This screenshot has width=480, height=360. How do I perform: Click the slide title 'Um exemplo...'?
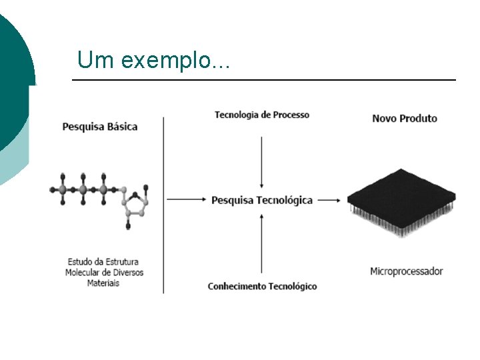click(153, 60)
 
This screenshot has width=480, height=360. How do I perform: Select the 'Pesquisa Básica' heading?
click(100, 126)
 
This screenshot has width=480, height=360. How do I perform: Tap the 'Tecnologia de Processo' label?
click(261, 115)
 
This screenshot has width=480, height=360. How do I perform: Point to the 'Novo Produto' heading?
click(404, 118)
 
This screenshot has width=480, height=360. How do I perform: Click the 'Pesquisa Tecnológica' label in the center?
click(262, 200)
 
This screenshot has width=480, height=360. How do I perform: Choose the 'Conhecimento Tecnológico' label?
click(262, 286)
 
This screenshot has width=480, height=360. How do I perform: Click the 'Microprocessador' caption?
click(406, 271)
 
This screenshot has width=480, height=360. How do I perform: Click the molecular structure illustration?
click(100, 197)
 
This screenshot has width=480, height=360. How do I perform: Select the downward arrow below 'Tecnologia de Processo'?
click(262, 161)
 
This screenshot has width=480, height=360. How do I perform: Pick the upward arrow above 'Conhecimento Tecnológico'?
click(262, 240)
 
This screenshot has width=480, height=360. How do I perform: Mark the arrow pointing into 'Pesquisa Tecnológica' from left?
click(187, 199)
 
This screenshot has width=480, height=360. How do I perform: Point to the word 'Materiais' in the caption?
click(103, 283)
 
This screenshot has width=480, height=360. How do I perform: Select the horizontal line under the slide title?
click(263, 80)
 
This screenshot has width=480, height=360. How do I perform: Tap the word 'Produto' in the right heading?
click(419, 118)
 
